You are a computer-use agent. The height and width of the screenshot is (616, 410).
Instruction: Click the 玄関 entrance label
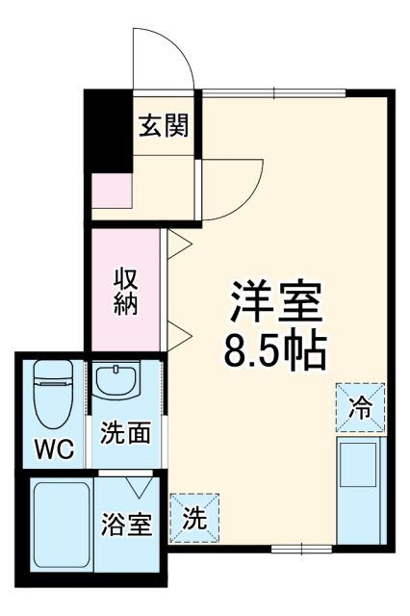click(162, 125)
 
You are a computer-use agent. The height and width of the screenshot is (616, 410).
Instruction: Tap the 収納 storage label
click(126, 290)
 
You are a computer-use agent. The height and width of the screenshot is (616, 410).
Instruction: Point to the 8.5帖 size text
click(275, 353)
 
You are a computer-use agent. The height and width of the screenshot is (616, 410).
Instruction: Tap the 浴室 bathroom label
click(127, 526)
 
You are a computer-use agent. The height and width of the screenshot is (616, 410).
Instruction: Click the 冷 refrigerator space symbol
click(360, 408)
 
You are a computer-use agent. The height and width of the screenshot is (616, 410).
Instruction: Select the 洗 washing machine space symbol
click(194, 518)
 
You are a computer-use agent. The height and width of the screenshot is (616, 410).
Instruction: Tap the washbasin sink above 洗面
click(117, 381)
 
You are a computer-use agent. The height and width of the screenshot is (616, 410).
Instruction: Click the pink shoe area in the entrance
click(108, 193)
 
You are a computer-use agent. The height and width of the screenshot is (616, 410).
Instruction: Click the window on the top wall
click(273, 91)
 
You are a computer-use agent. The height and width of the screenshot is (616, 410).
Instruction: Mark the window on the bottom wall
click(300, 549)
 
